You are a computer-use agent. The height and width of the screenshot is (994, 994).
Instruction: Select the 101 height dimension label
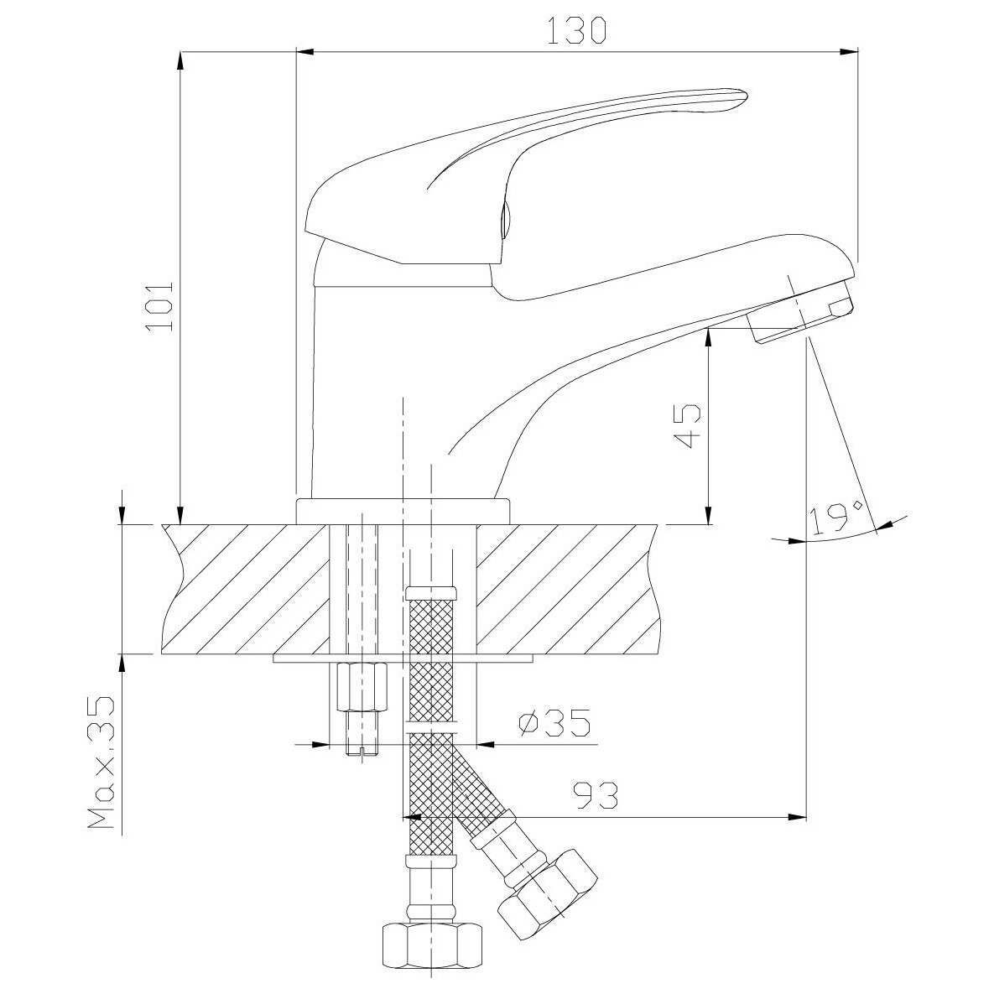tap(159, 305)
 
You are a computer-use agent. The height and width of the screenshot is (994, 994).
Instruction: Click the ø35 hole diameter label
tap(554, 723)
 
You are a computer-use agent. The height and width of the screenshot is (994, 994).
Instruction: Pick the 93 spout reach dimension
tap(595, 795)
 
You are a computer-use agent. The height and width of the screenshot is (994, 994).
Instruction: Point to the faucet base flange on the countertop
tap(403, 512)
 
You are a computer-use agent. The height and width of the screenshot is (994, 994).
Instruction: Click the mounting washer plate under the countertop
tap(403, 658)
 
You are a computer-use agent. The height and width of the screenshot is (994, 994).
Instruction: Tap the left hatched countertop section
tap(247, 589)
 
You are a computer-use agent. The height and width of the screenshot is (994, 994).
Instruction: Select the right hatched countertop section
tap(565, 589)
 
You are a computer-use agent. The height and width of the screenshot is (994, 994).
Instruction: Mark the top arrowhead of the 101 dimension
tap(180, 61)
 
